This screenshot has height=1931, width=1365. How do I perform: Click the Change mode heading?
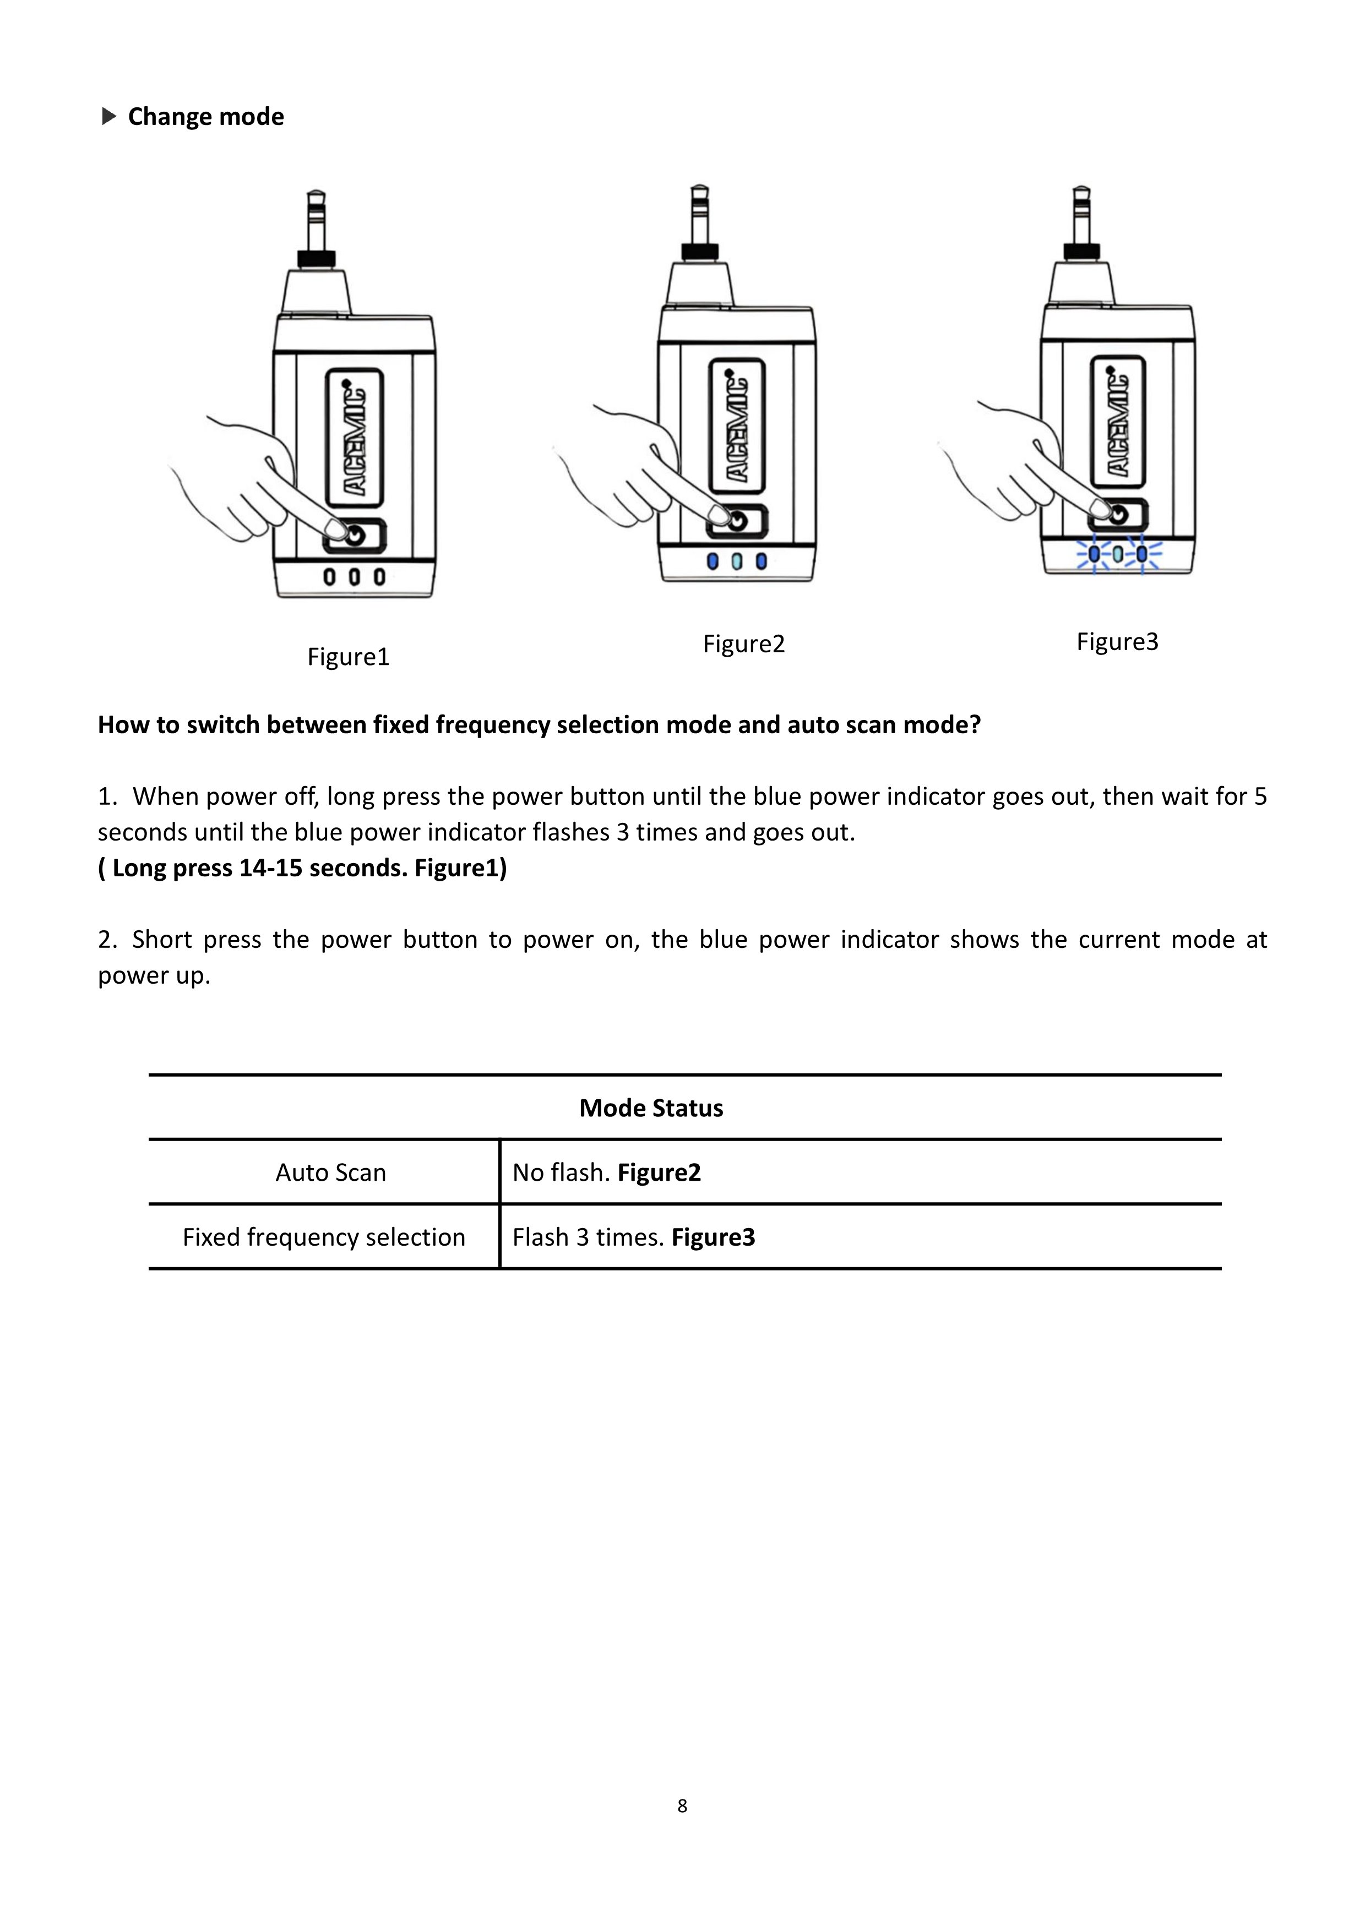click(x=205, y=116)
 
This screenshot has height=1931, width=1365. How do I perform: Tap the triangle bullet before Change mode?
click(x=108, y=116)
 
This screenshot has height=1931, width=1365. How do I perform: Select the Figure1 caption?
click(x=348, y=656)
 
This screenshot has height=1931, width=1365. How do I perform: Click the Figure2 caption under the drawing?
click(x=743, y=643)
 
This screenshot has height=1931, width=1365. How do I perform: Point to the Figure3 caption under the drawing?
click(x=1117, y=642)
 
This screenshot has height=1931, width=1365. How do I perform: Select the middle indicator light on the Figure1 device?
click(x=354, y=577)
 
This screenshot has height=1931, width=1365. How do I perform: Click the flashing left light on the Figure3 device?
click(x=1094, y=554)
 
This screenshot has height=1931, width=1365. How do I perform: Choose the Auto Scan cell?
click(x=330, y=1172)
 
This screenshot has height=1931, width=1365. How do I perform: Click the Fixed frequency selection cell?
click(x=324, y=1237)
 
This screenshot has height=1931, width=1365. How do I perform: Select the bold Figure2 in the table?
click(x=659, y=1172)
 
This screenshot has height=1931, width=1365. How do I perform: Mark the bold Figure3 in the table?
click(x=713, y=1237)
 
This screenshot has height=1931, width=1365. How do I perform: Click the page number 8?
click(x=682, y=1805)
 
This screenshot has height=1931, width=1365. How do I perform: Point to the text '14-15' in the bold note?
click(x=270, y=868)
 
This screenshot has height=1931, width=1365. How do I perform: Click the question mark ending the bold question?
click(x=975, y=725)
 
